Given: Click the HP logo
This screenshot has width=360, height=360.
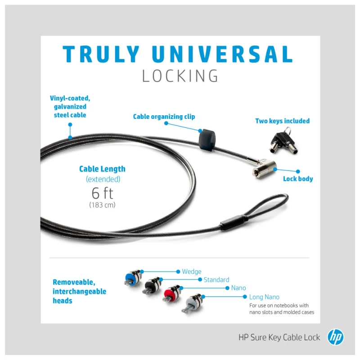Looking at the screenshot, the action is [335, 337].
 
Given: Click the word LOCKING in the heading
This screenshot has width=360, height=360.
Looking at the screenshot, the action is [180, 76].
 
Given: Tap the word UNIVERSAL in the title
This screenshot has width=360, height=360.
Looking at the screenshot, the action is [222, 54].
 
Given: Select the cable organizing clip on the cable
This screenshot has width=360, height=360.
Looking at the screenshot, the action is [207, 140].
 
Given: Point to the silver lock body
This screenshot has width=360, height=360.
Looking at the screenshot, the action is [264, 167].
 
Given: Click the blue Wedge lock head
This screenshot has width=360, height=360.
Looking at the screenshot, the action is [133, 278].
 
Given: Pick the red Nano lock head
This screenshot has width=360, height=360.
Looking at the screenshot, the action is [172, 293].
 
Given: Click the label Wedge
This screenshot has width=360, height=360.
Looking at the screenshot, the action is [192, 272].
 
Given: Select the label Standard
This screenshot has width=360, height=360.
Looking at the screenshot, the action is [216, 279].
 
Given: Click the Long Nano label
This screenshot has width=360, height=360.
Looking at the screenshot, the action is [264, 297].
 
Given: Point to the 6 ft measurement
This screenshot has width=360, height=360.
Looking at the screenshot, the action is [103, 193].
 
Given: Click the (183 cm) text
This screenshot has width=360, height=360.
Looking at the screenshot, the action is [102, 205].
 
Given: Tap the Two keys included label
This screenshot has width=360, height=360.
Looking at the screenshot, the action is [283, 121].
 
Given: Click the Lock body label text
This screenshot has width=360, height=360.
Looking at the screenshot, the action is [298, 179].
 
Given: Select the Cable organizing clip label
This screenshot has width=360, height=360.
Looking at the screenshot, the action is [164, 117].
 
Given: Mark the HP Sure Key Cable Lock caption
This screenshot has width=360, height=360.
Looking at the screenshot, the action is [279, 337].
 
